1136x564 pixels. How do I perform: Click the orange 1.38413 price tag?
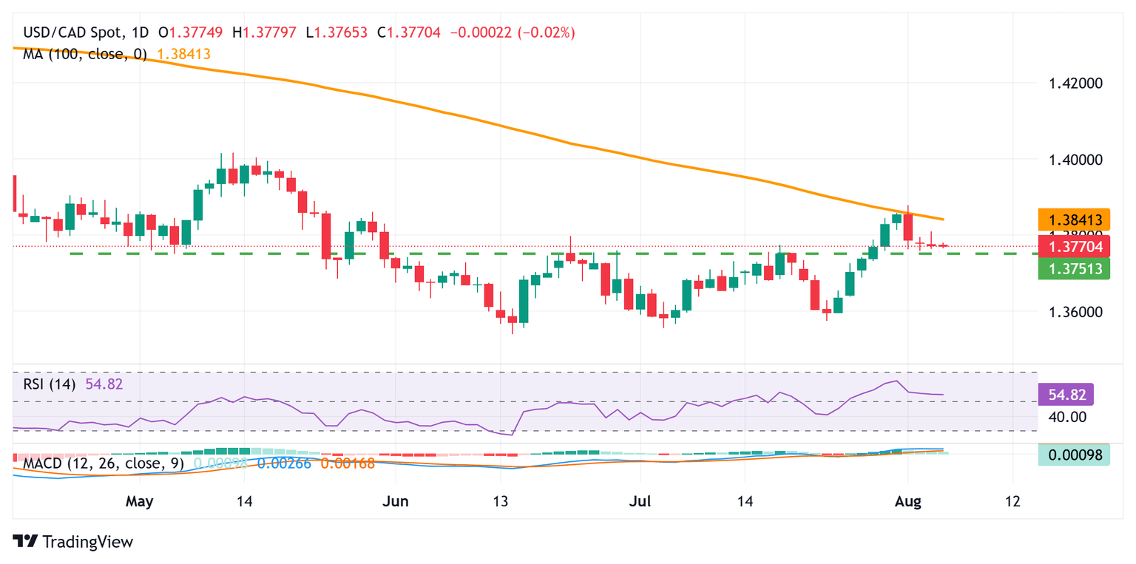(x=1074, y=220)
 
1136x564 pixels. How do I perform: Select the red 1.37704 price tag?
(x=1074, y=246)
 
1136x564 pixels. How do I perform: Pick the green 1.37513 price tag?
(x=1074, y=269)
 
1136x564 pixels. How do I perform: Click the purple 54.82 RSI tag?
(x=1066, y=395)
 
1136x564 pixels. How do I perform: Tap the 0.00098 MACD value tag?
(x=1074, y=455)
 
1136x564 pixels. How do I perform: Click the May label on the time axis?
(x=139, y=501)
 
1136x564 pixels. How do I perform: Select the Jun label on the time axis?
(x=396, y=501)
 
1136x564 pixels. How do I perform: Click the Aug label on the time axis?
(x=907, y=501)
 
